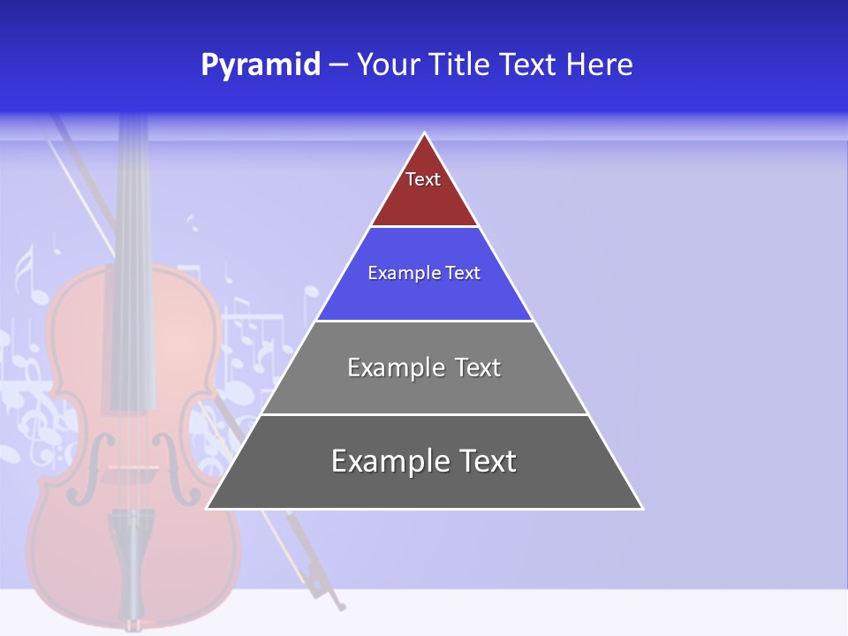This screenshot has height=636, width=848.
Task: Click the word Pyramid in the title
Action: [x=261, y=65]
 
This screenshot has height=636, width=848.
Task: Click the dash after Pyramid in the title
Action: [x=338, y=65]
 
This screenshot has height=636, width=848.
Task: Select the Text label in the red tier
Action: [x=423, y=179]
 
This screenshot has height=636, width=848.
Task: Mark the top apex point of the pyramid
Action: [x=425, y=132]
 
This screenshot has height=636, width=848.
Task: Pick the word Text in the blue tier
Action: [x=463, y=273]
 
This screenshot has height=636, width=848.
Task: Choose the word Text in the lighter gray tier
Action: [x=478, y=367]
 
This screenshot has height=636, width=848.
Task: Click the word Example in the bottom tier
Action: [x=384, y=461]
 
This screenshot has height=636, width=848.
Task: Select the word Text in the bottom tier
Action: [x=487, y=461]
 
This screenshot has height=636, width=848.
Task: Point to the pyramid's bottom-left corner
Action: [x=206, y=509]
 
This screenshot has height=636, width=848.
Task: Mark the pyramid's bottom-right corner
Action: [x=643, y=509]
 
